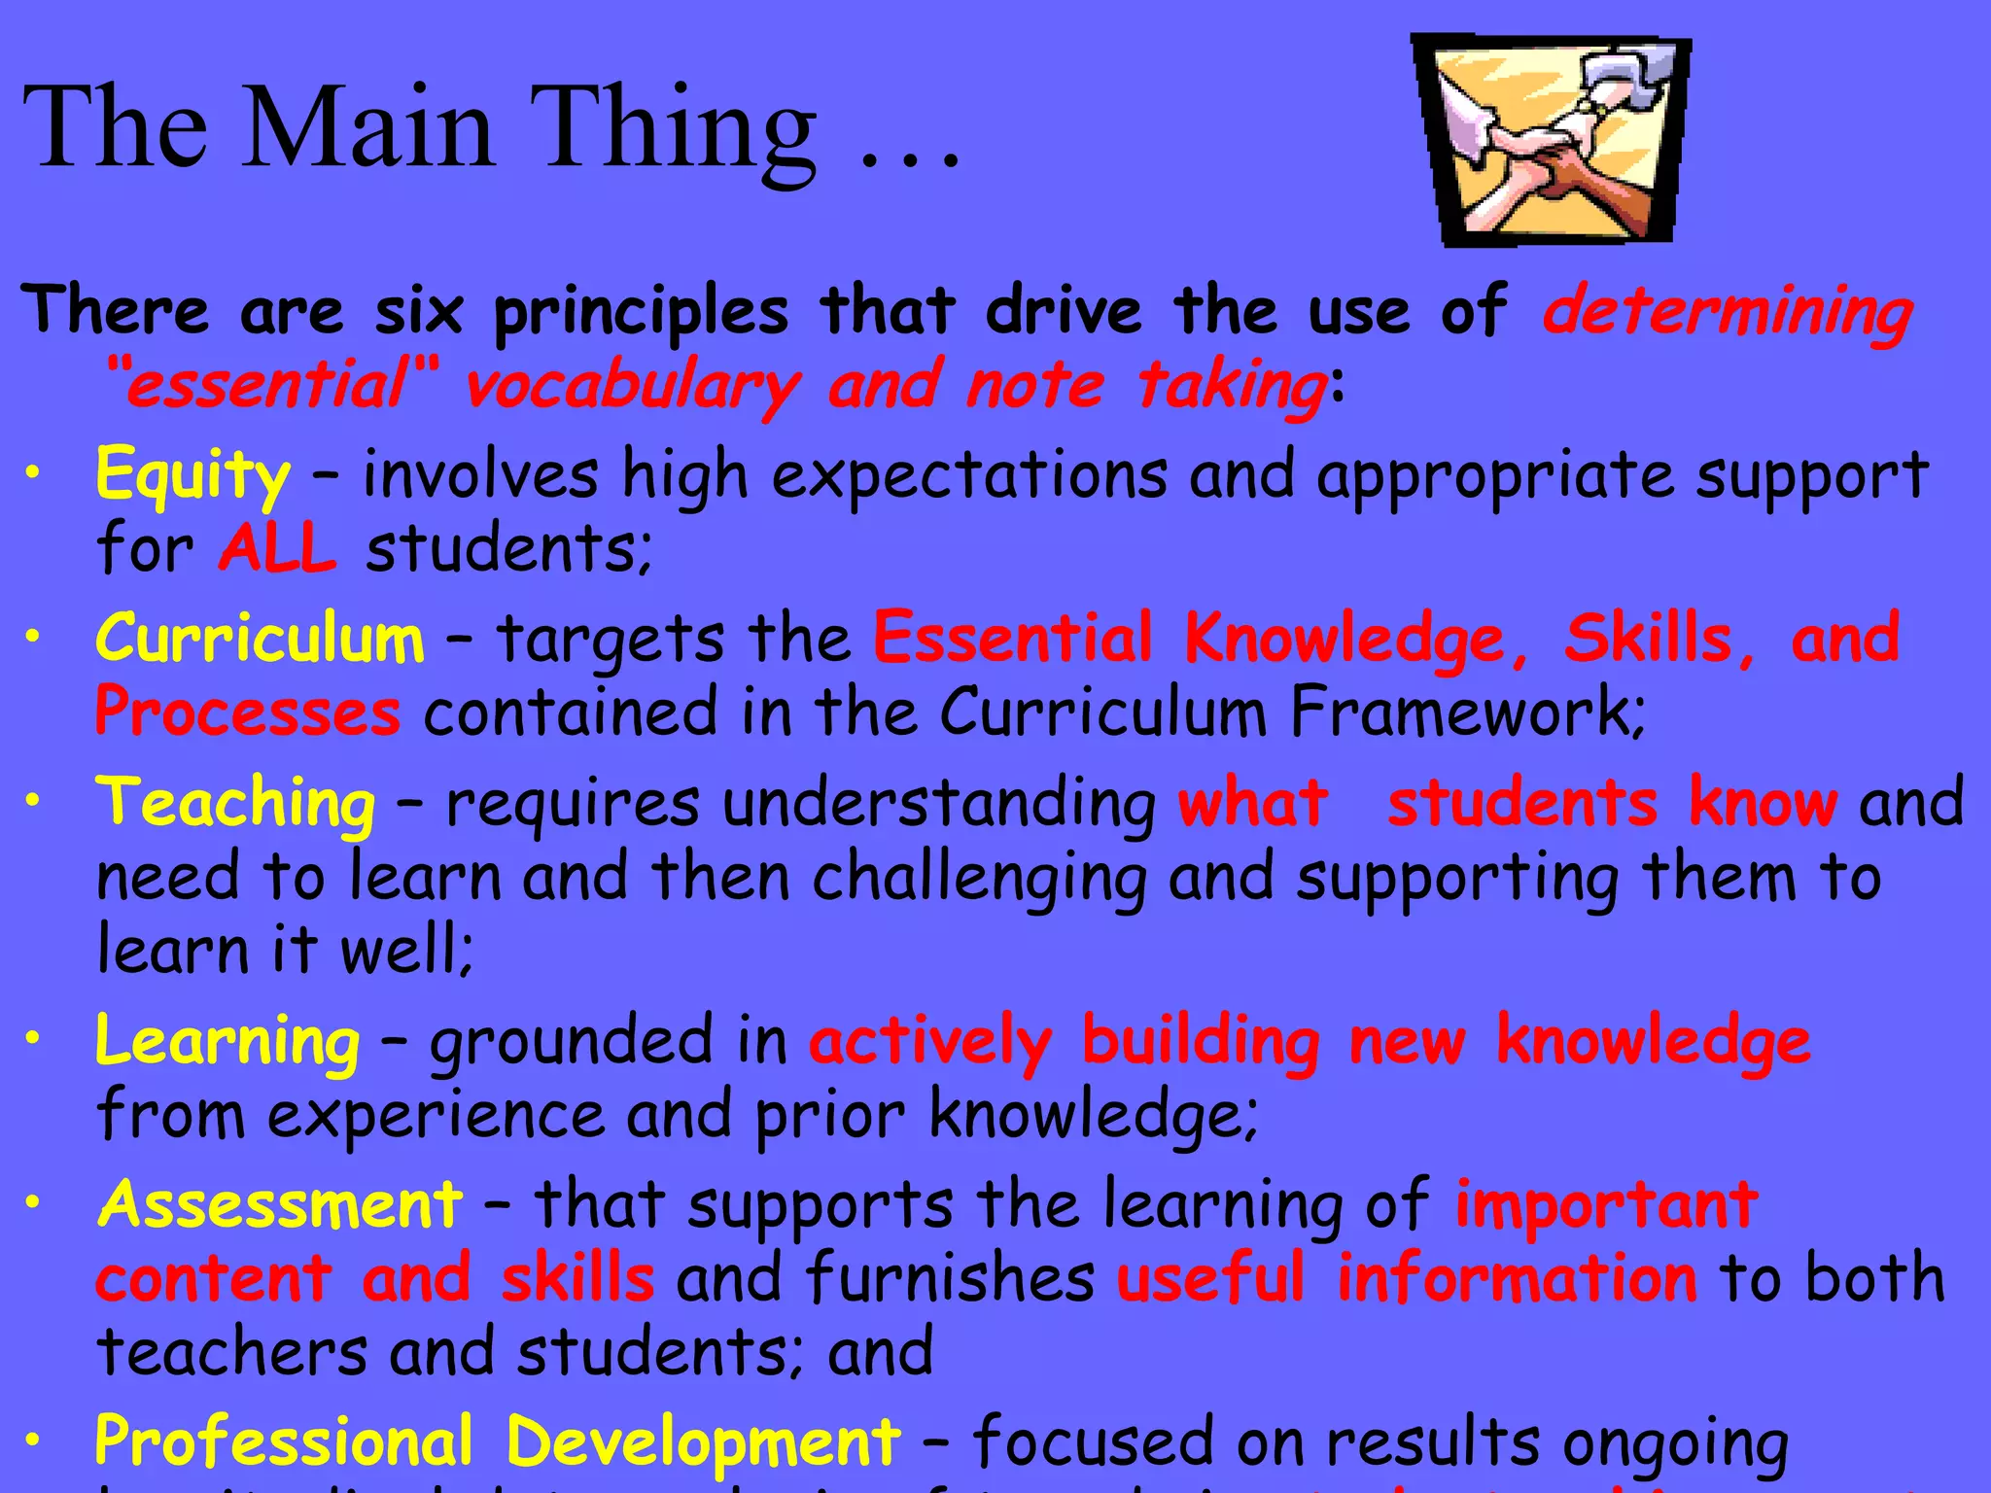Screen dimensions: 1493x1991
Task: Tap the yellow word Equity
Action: (192, 475)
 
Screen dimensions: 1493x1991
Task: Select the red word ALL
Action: (278, 548)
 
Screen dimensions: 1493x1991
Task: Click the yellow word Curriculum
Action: (260, 640)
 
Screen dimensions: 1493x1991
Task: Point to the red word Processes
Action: (247, 712)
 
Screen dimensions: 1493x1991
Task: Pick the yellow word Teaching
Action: (235, 804)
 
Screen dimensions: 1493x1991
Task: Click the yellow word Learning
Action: (227, 1041)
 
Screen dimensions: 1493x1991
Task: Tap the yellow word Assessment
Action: (280, 1204)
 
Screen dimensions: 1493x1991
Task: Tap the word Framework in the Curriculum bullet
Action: (1466, 712)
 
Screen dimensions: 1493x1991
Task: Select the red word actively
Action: (930, 1041)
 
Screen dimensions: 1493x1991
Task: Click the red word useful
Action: (1210, 1278)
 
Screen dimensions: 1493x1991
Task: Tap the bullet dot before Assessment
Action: (34, 1202)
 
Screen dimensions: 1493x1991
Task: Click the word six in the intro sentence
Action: (419, 312)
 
